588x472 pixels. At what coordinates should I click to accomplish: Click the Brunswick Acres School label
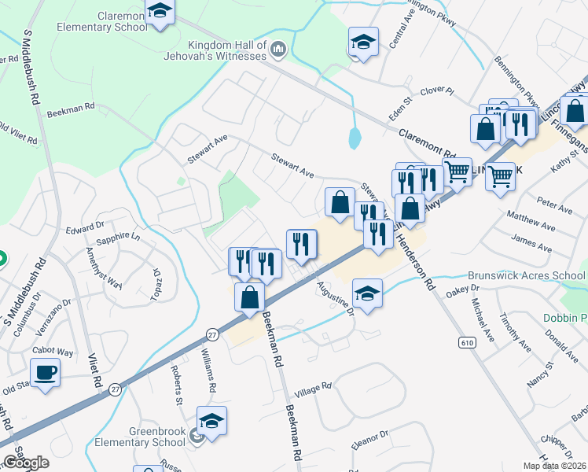click(526, 275)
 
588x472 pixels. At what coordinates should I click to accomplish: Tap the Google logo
click(26, 463)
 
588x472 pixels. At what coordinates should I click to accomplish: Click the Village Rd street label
click(313, 389)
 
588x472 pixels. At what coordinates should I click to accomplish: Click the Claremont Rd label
click(428, 142)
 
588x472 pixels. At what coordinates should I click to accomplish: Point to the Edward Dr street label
click(85, 229)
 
